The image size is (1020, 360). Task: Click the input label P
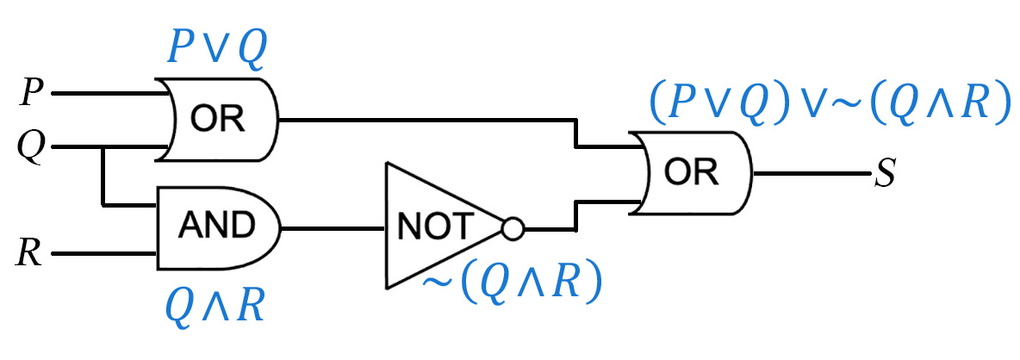(x=29, y=94)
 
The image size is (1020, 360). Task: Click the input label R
(x=29, y=253)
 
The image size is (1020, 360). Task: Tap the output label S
(x=885, y=175)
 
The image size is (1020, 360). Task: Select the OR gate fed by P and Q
(x=218, y=121)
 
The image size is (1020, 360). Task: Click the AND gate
(x=218, y=228)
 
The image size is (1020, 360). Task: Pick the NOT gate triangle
(x=445, y=226)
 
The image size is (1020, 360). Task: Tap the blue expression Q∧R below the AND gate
(x=214, y=306)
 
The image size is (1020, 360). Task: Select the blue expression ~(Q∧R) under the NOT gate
(x=511, y=284)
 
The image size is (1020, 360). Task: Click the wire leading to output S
(x=812, y=174)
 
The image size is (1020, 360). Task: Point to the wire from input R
(x=105, y=253)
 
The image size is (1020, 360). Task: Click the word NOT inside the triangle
(x=432, y=227)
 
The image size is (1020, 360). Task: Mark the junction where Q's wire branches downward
(x=103, y=148)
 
